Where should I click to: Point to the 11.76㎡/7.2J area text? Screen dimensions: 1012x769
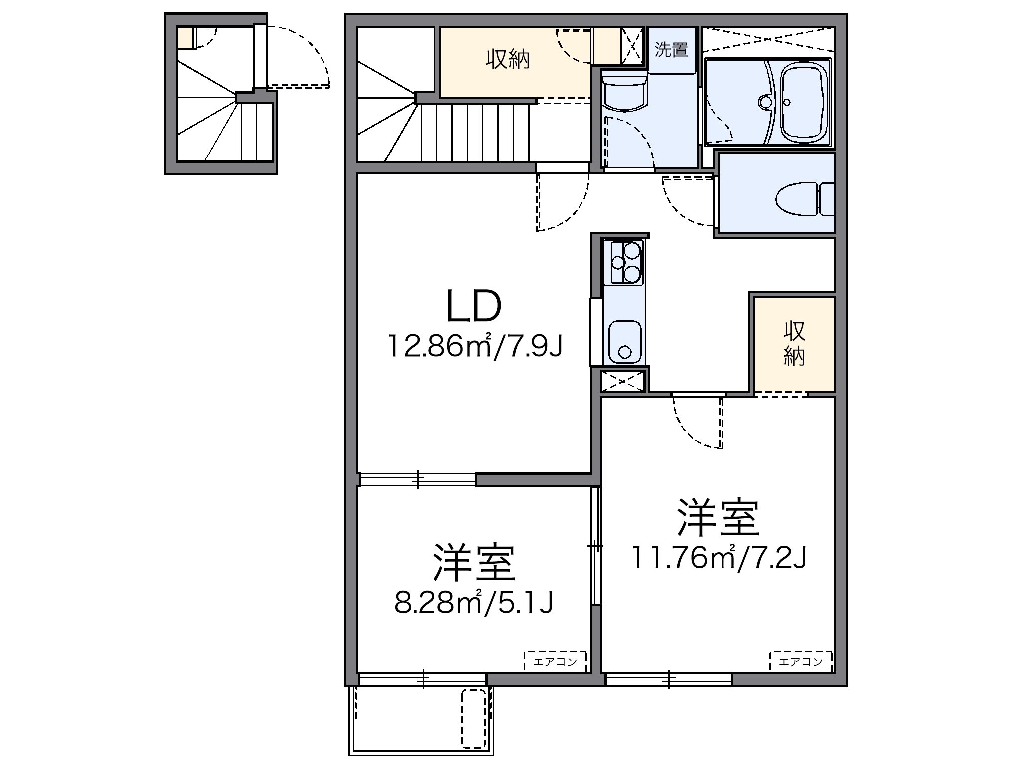[719, 558]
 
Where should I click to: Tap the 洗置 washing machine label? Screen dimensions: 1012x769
[671, 49]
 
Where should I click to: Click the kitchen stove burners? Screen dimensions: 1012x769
[624, 262]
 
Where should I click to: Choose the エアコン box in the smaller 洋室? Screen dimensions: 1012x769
[555, 662]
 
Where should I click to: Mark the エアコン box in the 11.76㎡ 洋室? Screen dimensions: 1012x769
[801, 662]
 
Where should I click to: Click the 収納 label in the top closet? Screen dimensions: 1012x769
[508, 60]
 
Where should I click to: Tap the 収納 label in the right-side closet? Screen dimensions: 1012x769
[794, 344]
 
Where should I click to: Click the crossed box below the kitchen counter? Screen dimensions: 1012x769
[623, 381]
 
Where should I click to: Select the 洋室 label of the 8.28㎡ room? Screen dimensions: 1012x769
[474, 563]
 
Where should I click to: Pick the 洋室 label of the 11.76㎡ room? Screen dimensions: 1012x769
[718, 518]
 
